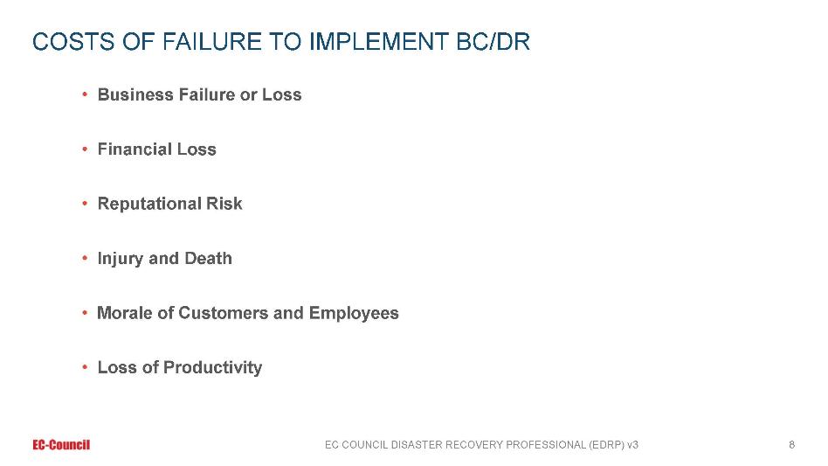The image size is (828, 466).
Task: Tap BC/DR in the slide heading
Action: pos(493,42)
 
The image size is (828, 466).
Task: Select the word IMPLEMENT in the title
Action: pos(378,42)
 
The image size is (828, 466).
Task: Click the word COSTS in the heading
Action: pos(72,42)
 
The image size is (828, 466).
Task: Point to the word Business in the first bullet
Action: pos(135,94)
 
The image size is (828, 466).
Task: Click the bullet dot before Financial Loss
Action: pos(85,150)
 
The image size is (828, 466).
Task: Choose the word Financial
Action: pos(135,149)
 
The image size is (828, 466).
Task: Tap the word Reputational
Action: pos(149,204)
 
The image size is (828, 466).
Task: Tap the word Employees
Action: pos(354,313)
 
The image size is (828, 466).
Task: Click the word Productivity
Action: pos(213,368)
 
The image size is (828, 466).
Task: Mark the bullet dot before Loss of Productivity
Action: pos(85,367)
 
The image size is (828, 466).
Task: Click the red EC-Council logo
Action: pos(61,445)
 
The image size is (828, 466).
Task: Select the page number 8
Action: pos(791,445)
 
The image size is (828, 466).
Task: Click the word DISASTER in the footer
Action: pos(417,445)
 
